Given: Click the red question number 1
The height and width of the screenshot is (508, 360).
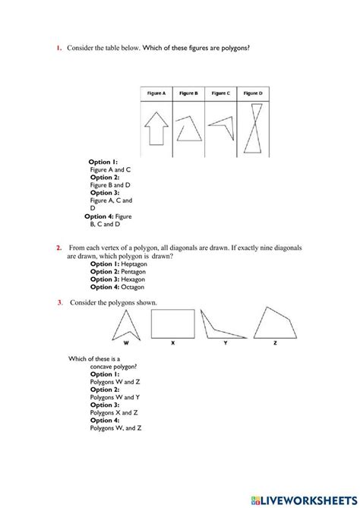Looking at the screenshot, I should (x=58, y=49).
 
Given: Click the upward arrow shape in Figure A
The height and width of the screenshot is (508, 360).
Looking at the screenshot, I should (x=157, y=126).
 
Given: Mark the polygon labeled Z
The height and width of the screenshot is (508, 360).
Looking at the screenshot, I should (x=274, y=323).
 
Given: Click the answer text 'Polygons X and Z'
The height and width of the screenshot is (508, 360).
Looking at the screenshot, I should (x=115, y=412).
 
